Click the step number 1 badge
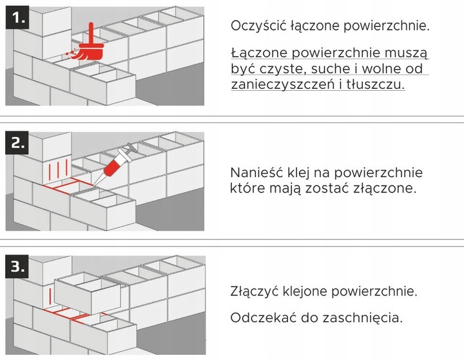pyautogui.click(x=17, y=19)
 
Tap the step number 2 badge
pyautogui.click(x=17, y=143)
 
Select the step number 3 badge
pyautogui.click(x=17, y=265)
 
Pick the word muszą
pyautogui.click(x=409, y=52)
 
